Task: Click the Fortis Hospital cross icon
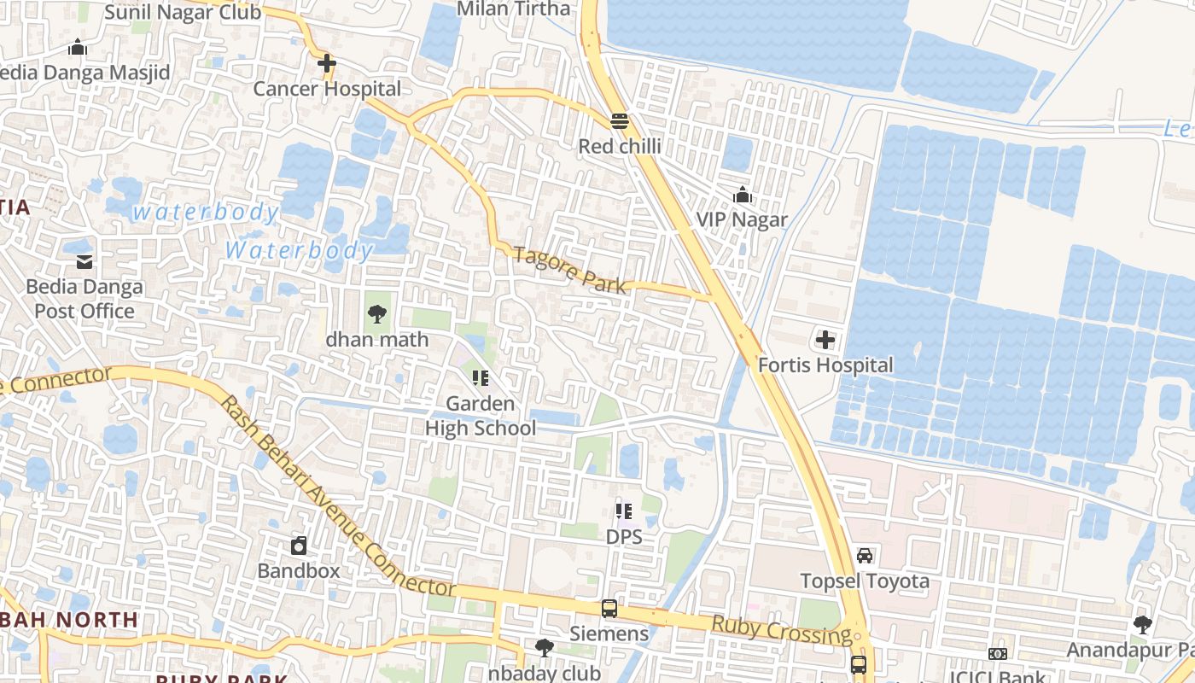(x=825, y=341)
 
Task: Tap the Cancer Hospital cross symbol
(x=326, y=63)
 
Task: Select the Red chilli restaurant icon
(x=620, y=121)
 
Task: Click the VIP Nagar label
(x=742, y=219)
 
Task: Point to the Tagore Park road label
(x=569, y=269)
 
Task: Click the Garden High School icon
(x=480, y=377)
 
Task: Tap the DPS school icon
(x=623, y=511)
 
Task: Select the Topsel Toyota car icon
(x=865, y=556)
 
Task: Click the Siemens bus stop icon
(x=609, y=609)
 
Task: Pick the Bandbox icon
(x=299, y=546)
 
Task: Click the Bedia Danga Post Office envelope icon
(x=85, y=261)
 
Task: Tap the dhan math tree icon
(x=376, y=314)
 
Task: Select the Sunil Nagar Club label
(x=182, y=12)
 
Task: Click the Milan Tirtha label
(x=514, y=9)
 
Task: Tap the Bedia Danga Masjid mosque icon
(x=78, y=47)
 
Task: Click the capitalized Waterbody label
(x=299, y=250)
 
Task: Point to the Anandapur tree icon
(x=1142, y=625)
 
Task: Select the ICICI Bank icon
(x=997, y=654)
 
